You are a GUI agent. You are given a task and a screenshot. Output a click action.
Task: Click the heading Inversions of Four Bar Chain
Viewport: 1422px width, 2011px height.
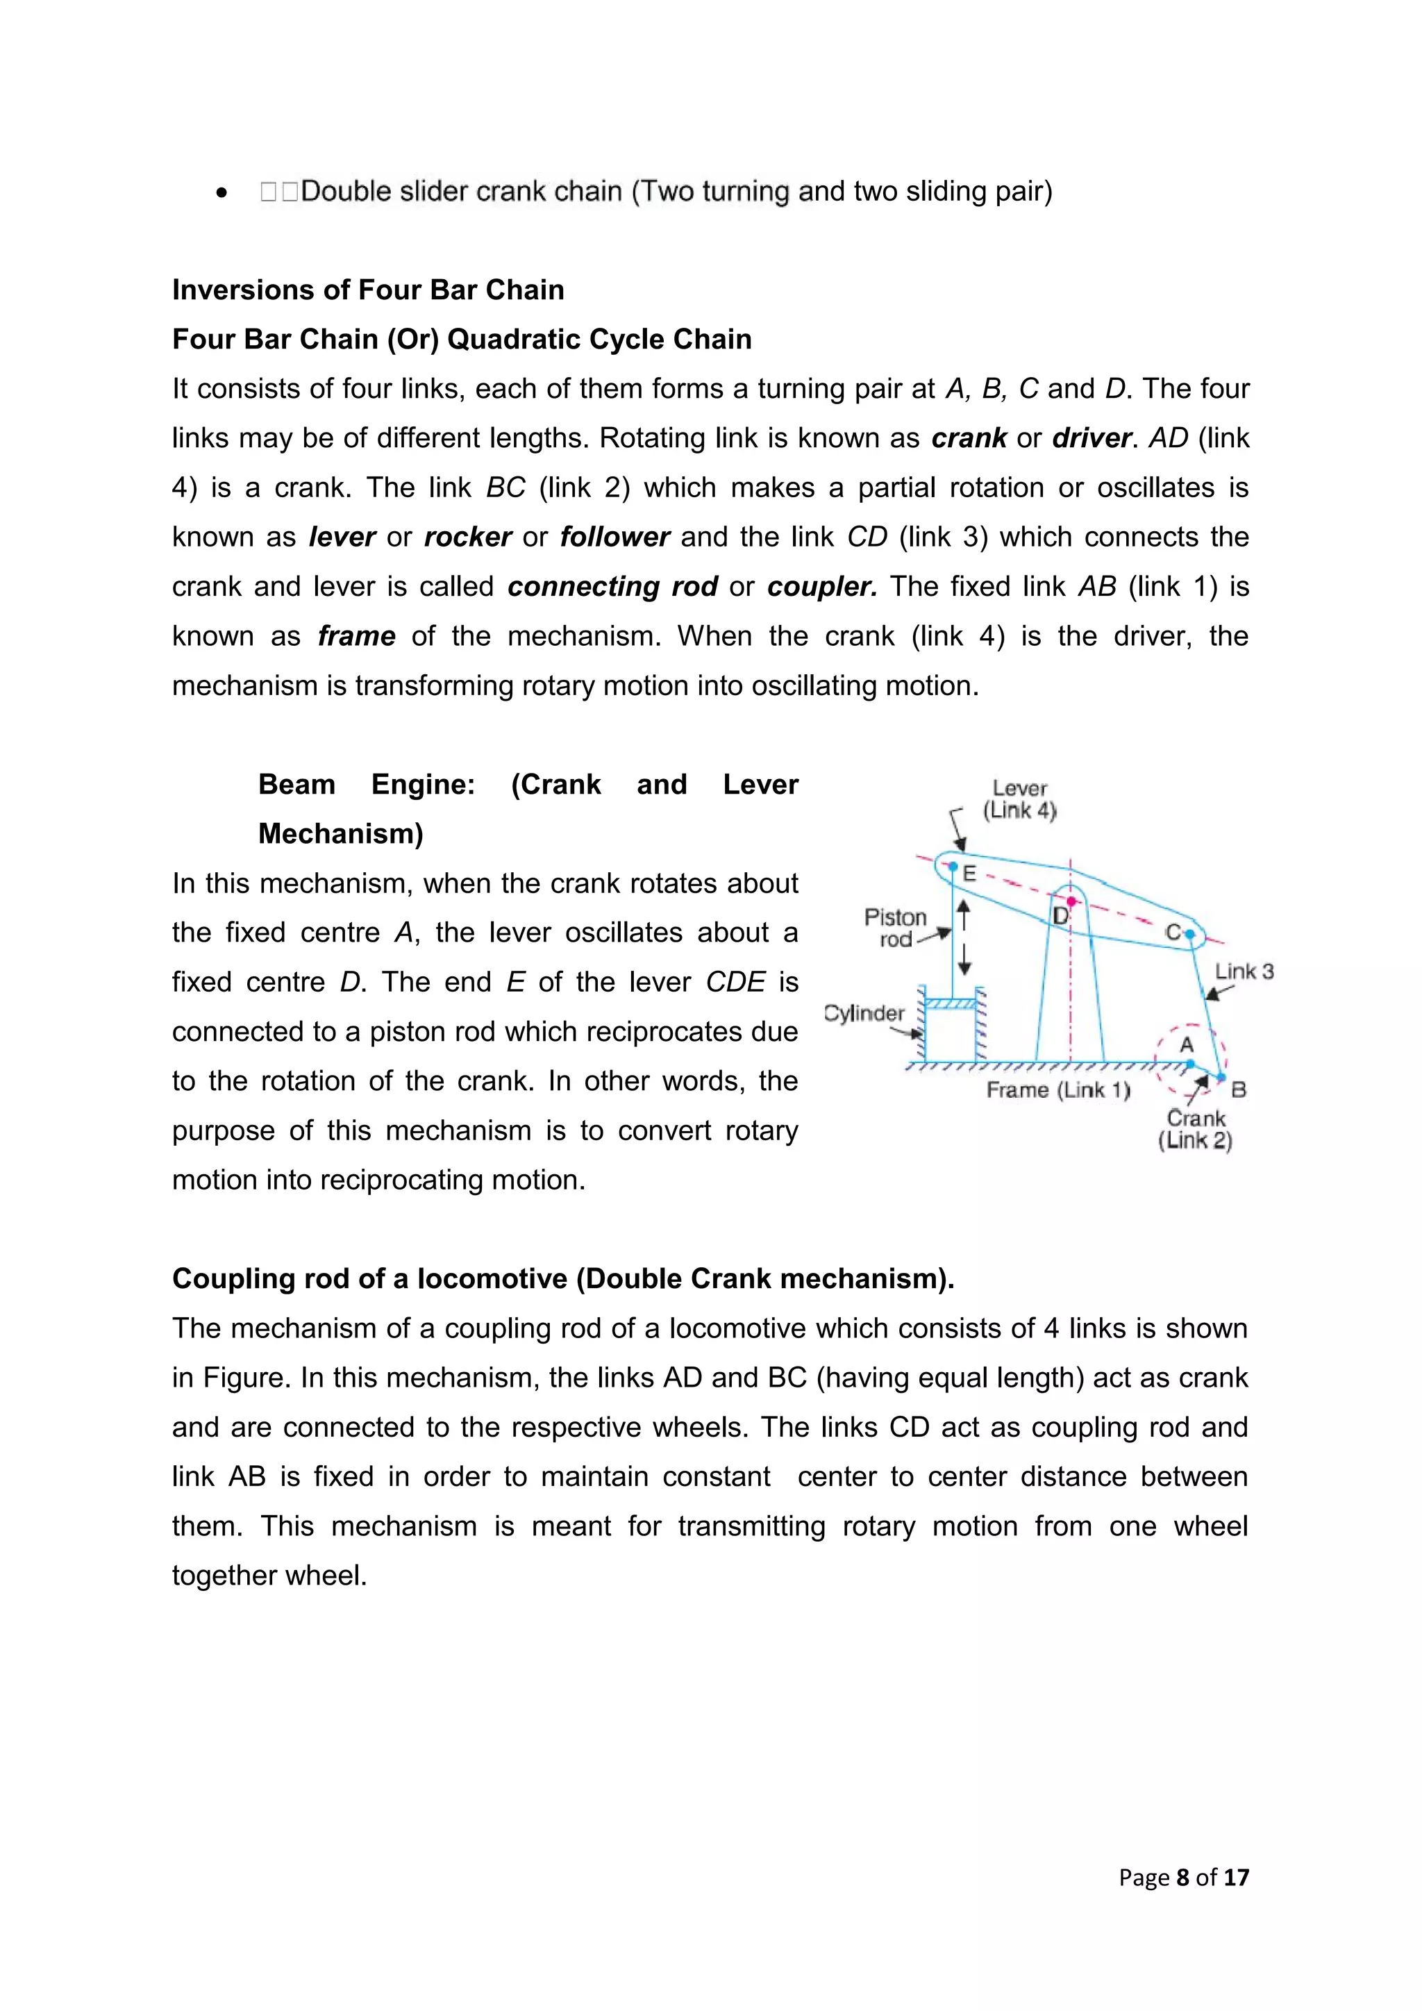pyautogui.click(x=368, y=290)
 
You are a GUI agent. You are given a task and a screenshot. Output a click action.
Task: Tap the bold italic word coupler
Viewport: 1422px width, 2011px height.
pyautogui.click(x=821, y=586)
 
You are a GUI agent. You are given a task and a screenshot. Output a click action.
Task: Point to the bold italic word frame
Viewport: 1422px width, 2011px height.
pyautogui.click(x=356, y=636)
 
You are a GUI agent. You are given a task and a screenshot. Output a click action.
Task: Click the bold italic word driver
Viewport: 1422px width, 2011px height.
pyautogui.click(x=1091, y=438)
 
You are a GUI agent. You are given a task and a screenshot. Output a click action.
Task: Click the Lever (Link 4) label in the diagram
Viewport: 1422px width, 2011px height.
pyautogui.click(x=1019, y=799)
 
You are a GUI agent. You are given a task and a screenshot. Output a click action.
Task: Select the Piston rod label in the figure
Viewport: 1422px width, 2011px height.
pyautogui.click(x=895, y=928)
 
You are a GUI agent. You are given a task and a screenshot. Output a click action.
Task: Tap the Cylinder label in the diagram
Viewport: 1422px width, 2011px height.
pyautogui.click(x=864, y=1013)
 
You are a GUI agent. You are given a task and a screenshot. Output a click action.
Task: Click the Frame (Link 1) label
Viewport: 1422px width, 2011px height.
pyautogui.click(x=1057, y=1090)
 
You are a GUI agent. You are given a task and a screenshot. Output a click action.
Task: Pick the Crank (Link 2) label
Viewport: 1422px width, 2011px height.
pyautogui.click(x=1195, y=1129)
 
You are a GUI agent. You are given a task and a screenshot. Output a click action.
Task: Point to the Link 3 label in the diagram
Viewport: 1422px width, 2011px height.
pyautogui.click(x=1244, y=971)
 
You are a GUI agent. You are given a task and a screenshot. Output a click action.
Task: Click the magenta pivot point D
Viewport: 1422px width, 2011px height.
pyautogui.click(x=1071, y=901)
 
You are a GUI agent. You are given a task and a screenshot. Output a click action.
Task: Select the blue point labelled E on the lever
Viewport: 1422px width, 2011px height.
pyautogui.click(x=953, y=865)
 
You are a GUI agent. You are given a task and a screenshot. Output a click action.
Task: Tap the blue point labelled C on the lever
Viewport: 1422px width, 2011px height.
pyautogui.click(x=1190, y=935)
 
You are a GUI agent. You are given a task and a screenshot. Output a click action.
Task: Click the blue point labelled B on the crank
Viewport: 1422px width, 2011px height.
pyautogui.click(x=1222, y=1076)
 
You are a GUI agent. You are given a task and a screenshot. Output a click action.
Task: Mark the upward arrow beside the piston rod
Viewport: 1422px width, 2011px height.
pyautogui.click(x=964, y=915)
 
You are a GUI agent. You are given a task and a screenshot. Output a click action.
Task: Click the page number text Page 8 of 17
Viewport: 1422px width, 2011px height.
pyautogui.click(x=1183, y=1877)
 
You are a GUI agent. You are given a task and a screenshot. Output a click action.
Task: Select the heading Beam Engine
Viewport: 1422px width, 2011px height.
pyautogui.click(x=528, y=808)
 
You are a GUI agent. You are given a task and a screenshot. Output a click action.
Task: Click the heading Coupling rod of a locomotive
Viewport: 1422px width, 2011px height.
pyautogui.click(x=563, y=1279)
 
